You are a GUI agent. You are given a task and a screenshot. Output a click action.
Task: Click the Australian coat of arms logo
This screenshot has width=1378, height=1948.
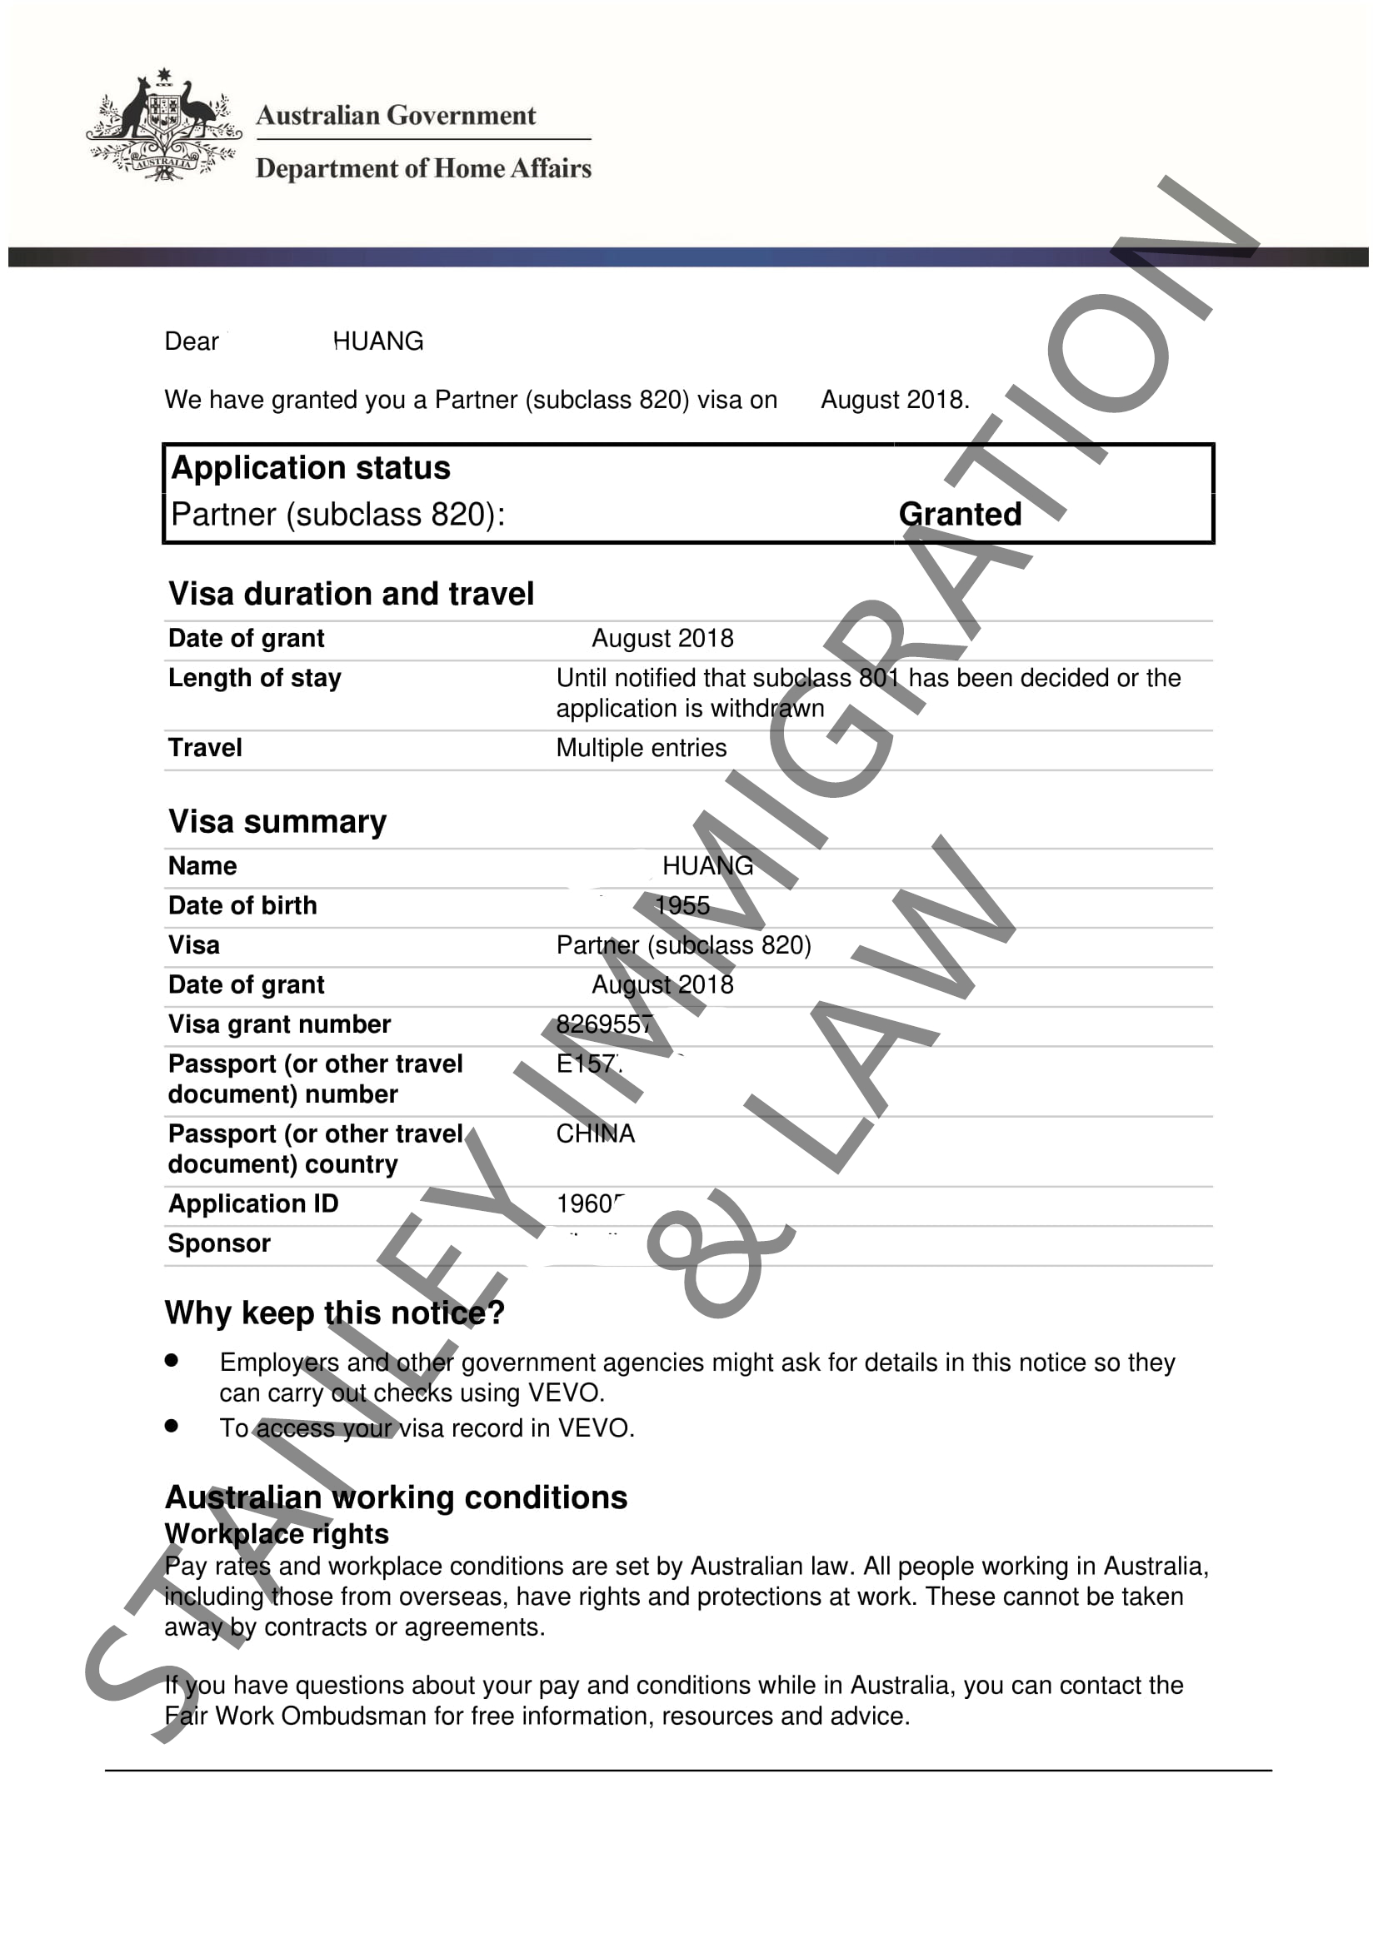tap(163, 126)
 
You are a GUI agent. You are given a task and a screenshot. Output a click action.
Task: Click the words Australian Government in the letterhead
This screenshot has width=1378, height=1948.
tap(396, 116)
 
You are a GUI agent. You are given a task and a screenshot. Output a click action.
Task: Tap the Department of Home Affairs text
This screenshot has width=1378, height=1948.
tap(422, 168)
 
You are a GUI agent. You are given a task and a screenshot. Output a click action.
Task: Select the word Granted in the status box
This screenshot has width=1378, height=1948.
tap(960, 514)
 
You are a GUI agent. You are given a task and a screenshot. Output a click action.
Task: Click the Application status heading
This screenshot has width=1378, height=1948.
tap(311, 468)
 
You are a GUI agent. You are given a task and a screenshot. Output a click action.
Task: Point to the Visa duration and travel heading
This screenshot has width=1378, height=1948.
tap(351, 594)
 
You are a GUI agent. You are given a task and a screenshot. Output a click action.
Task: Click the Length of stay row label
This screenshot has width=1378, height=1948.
tap(255, 678)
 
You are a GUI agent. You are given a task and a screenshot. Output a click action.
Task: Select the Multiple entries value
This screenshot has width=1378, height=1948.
tap(641, 747)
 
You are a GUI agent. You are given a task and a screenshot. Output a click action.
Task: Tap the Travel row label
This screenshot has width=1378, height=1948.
tap(204, 747)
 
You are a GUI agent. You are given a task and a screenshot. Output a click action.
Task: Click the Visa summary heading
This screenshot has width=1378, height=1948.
tap(277, 821)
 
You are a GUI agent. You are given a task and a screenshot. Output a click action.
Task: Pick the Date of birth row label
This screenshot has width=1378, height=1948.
tap(242, 905)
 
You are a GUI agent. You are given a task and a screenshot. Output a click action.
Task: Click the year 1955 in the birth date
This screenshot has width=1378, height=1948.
tap(682, 905)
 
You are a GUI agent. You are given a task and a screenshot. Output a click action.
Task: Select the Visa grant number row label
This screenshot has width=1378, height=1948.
tap(279, 1024)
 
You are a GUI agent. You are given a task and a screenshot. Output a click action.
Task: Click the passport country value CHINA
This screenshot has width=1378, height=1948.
tap(595, 1133)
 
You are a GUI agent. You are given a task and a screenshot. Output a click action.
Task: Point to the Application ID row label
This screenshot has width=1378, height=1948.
tap(253, 1203)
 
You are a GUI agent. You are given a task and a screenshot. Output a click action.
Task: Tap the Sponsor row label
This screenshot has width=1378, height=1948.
tap(219, 1243)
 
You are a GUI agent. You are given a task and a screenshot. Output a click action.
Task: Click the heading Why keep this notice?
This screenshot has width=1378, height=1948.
tap(334, 1313)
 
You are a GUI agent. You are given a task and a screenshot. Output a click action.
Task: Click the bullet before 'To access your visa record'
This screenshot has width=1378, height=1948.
tap(172, 1426)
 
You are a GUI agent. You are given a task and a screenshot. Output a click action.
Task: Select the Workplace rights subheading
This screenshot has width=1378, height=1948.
tap(276, 1533)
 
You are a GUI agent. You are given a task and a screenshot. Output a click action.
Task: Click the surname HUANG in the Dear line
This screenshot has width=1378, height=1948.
tap(378, 341)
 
